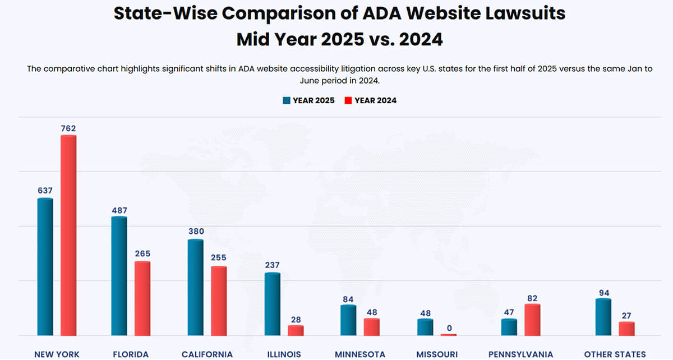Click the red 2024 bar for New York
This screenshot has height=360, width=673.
click(x=68, y=236)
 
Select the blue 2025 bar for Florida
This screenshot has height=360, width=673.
click(x=119, y=276)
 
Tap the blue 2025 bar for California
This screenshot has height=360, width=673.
click(x=195, y=287)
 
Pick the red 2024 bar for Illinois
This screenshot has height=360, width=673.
click(x=296, y=330)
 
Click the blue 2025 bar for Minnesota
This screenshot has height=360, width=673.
click(x=348, y=320)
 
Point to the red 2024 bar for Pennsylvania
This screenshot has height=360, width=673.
click(x=532, y=320)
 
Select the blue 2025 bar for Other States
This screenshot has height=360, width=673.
click(x=603, y=317)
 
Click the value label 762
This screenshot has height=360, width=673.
click(x=68, y=128)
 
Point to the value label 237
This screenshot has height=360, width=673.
click(x=272, y=265)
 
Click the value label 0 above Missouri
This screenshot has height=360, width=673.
click(x=449, y=327)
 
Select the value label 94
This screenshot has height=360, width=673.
click(x=603, y=293)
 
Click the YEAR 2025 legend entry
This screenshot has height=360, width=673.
click(x=308, y=100)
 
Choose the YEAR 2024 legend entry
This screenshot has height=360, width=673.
click(x=370, y=100)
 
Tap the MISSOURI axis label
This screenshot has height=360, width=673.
click(x=437, y=354)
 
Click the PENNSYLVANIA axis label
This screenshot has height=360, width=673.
click(x=521, y=354)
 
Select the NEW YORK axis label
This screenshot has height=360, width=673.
click(x=57, y=354)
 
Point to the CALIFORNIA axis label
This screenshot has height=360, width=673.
click(x=207, y=354)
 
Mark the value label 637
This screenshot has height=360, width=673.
click(x=45, y=191)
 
